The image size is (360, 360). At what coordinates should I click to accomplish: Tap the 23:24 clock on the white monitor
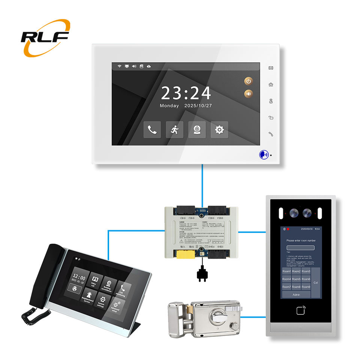point(186,93)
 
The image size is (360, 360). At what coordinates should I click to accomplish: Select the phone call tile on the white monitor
point(152,130)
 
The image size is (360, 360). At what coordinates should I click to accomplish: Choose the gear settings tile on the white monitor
point(219,130)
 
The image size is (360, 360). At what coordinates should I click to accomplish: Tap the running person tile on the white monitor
point(175,130)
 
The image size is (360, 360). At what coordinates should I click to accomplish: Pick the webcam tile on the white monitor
point(197,130)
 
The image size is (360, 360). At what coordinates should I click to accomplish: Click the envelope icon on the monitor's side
point(271,68)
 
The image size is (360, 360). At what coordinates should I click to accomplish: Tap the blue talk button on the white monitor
point(263,154)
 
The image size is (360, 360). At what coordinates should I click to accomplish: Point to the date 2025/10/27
point(198,106)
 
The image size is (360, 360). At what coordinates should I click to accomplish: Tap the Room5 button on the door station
point(296,279)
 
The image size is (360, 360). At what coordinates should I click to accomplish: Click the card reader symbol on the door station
point(301,310)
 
